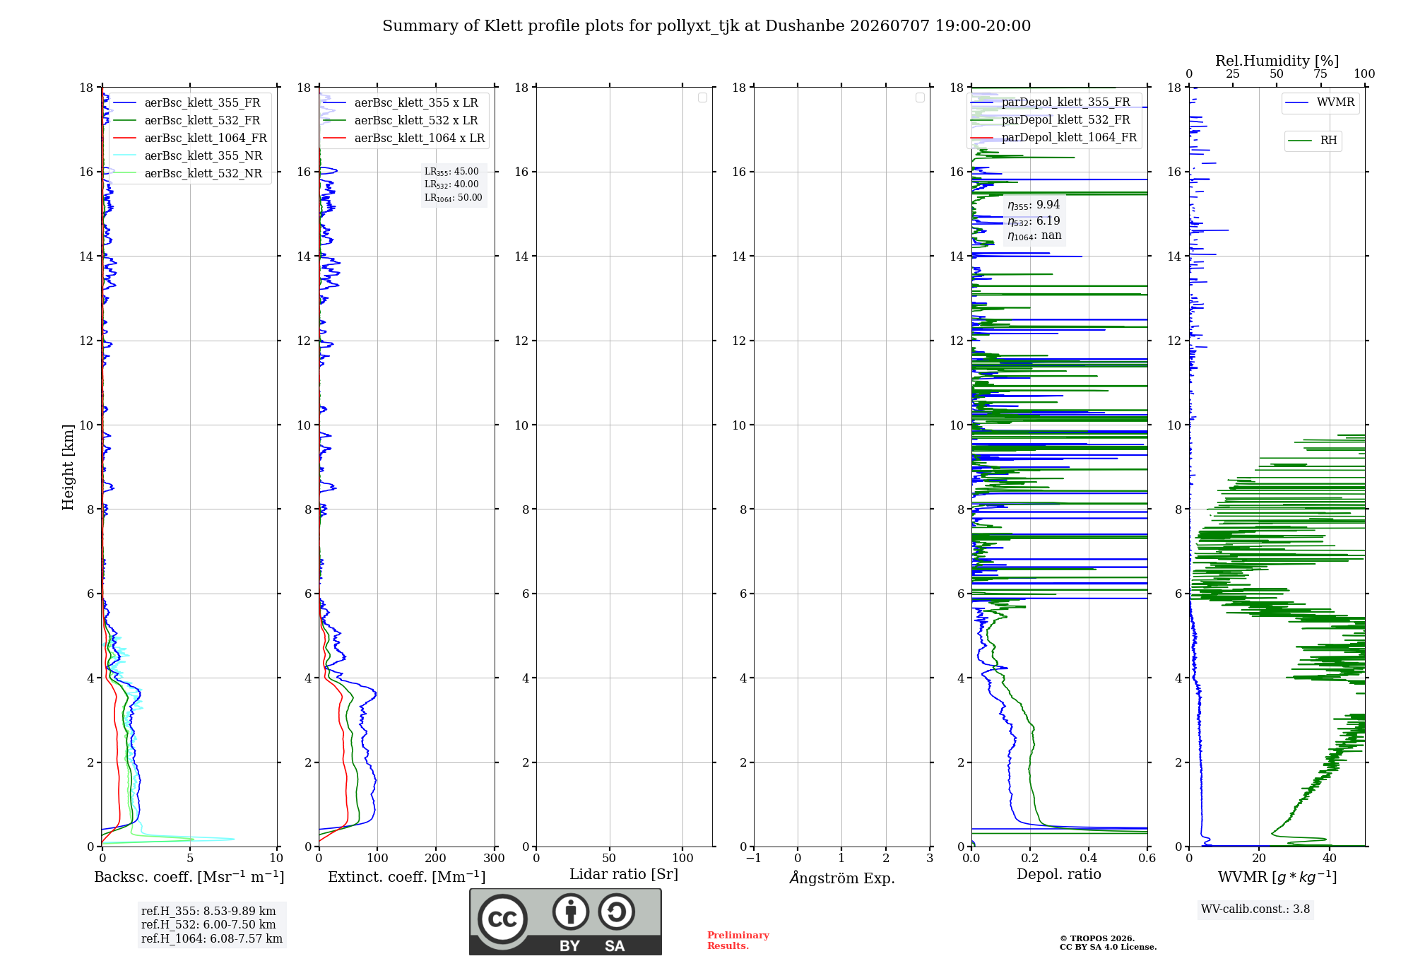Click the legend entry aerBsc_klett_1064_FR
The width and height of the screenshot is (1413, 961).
190,138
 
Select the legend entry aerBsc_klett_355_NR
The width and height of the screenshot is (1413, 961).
188,155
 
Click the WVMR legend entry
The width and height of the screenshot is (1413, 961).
1320,102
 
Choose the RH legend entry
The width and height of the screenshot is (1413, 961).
1312,141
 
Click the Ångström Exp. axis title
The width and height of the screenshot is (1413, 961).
842,878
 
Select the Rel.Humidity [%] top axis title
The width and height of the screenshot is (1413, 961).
1277,61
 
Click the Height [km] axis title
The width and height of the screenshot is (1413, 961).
68,467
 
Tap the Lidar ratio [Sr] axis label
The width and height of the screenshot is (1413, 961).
624,874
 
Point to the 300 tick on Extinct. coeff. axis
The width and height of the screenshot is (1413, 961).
495,858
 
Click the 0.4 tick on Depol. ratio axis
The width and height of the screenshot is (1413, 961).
1089,858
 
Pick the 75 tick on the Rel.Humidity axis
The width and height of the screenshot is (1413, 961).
1320,74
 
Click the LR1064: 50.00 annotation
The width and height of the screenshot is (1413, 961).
454,198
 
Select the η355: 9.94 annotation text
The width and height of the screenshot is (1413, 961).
1034,205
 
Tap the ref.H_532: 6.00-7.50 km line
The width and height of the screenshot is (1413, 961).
208,924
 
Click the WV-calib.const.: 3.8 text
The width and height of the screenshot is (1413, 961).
1255,909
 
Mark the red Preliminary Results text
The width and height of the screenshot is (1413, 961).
738,941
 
